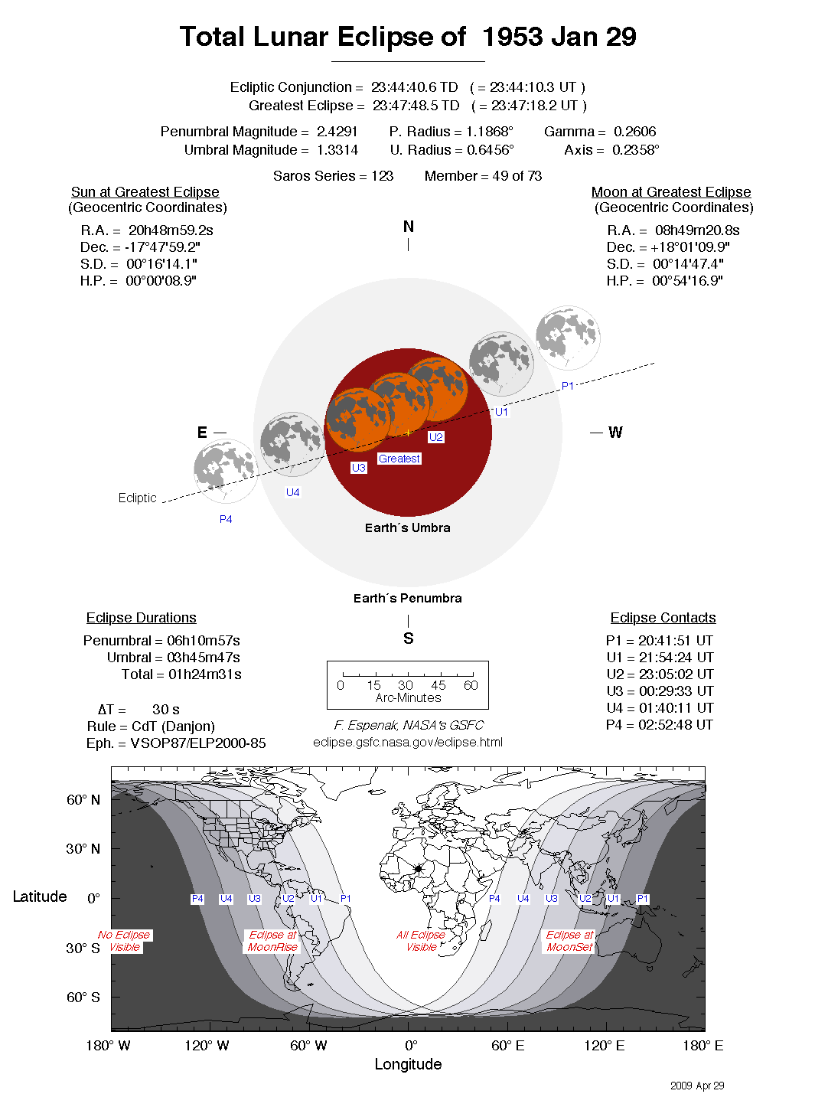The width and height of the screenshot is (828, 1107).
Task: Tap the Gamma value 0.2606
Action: click(634, 132)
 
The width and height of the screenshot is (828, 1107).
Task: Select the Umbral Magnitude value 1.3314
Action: click(337, 150)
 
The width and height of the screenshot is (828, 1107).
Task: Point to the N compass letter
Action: click(408, 227)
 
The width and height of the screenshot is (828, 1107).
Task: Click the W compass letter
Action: click(615, 433)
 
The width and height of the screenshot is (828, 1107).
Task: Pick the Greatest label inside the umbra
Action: click(399, 459)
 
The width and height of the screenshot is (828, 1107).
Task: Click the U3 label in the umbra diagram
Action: click(358, 468)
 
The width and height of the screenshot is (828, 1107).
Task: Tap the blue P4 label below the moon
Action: click(226, 519)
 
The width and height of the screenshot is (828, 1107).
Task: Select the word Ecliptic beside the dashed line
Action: click(137, 498)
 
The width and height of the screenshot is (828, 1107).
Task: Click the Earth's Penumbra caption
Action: click(407, 598)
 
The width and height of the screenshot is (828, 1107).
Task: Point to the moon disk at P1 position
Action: click(567, 337)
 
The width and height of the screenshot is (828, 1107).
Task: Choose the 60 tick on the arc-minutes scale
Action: click(471, 685)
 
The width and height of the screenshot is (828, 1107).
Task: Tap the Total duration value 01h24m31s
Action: click(204, 674)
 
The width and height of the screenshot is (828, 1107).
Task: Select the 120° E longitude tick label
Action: click(604, 1046)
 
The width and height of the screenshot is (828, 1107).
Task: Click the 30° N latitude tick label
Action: click(83, 849)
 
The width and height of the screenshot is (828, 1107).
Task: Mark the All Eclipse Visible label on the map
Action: click(421, 941)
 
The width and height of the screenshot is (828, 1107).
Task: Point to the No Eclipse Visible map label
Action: click(124, 941)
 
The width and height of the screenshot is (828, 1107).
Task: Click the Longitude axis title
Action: click(408, 1064)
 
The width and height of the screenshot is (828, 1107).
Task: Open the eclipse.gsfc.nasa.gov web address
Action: click(408, 742)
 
